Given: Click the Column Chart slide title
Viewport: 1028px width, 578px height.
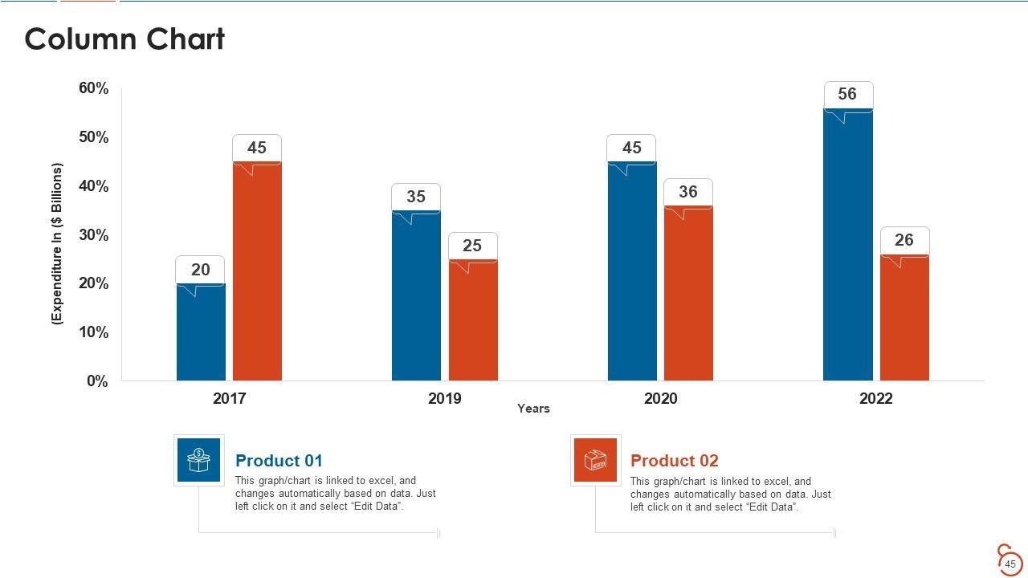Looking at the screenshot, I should click(124, 39).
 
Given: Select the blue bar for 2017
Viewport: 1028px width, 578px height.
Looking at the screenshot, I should click(201, 333).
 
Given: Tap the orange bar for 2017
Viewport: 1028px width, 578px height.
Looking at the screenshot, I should click(257, 273).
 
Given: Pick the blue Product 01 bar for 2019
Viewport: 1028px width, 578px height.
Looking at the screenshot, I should click(416, 297).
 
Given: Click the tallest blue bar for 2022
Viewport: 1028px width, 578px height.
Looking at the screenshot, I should click(847, 245).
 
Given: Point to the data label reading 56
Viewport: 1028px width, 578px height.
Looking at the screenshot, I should click(847, 94).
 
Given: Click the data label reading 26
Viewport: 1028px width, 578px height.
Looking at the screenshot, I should click(904, 240).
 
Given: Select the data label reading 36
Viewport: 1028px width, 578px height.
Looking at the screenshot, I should click(688, 192).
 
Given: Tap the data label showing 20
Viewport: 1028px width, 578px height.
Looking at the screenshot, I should click(201, 270).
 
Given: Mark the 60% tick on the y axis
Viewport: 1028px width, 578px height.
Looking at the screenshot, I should click(93, 88).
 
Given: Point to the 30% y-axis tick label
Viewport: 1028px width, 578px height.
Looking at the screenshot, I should click(93, 235).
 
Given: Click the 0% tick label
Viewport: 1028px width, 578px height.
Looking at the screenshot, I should click(97, 381).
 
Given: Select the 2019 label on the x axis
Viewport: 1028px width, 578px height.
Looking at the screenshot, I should click(445, 399).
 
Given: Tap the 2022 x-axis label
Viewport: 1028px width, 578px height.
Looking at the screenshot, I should click(875, 399).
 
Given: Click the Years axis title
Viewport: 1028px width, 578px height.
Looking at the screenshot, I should click(533, 409).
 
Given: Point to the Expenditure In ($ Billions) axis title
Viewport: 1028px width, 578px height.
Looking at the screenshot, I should click(57, 244).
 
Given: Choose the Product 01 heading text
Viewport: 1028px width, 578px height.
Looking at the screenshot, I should click(279, 461).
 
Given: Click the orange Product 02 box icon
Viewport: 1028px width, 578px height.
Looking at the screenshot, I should click(595, 460).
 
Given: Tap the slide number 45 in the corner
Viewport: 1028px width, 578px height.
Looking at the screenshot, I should click(1011, 564).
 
